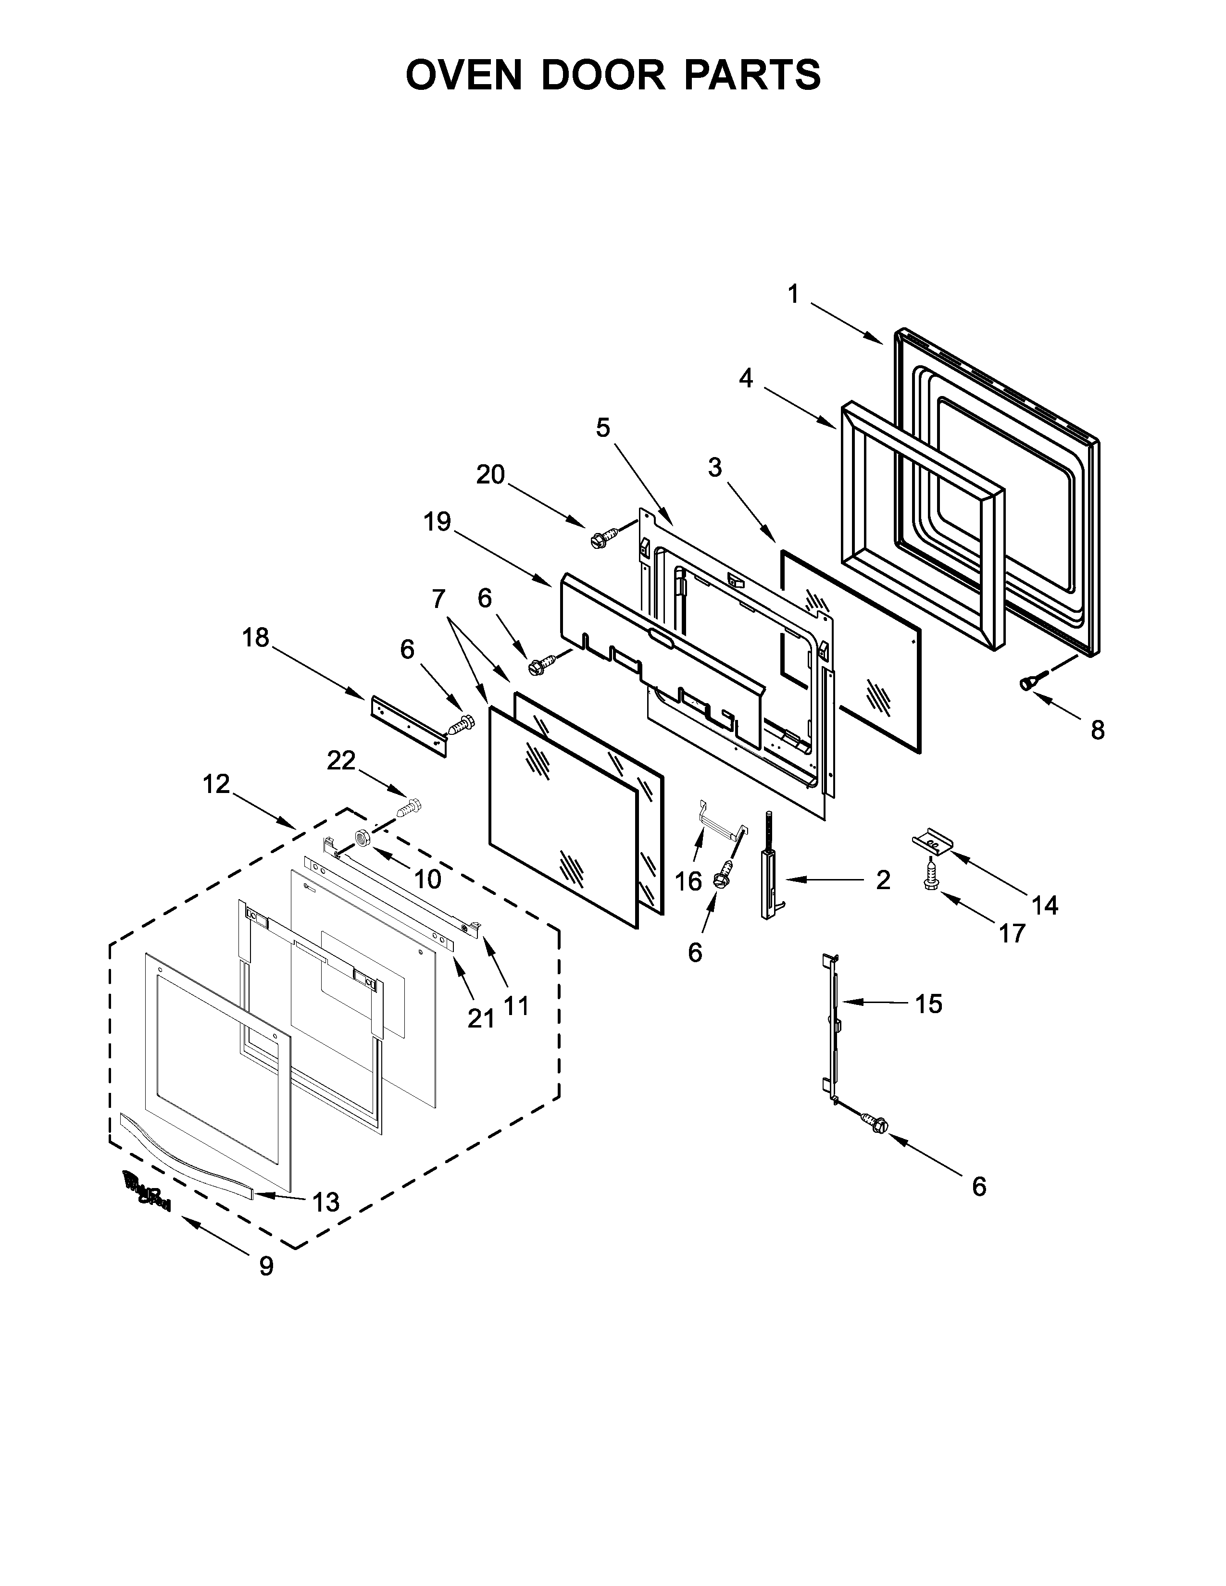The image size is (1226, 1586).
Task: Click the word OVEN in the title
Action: coord(463,75)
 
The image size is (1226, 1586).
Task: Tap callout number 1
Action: coord(793,294)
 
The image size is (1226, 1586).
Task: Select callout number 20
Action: coord(490,475)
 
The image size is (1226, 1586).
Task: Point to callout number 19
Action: coord(437,521)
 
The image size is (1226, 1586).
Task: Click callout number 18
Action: coord(256,638)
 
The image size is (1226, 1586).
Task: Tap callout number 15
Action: coord(928,1004)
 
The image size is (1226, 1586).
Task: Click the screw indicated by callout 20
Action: coord(603,539)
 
